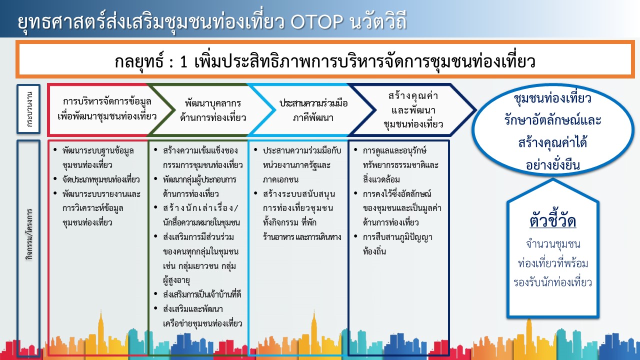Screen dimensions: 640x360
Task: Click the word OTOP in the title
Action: pos(317,21)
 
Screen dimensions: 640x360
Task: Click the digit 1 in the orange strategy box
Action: pos(183,61)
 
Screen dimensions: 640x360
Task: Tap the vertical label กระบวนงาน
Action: pos(29,109)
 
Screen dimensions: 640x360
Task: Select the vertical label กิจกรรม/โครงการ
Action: pos(29,234)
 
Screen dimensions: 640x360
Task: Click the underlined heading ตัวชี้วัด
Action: pos(553,221)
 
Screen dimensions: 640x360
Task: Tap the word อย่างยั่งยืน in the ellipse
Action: pos(553,165)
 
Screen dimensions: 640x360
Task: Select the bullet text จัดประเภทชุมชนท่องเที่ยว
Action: pos(101,179)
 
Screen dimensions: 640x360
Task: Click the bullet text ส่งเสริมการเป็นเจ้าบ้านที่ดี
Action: pos(202,294)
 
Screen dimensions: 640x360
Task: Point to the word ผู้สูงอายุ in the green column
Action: pos(176,280)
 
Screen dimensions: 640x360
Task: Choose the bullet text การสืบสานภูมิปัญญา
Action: pos(397,237)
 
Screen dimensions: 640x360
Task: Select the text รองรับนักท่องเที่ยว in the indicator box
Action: pos(553,282)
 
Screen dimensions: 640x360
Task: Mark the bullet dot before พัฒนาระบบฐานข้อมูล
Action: pos(55,149)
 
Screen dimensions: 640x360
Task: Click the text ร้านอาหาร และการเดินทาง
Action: pos(302,237)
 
